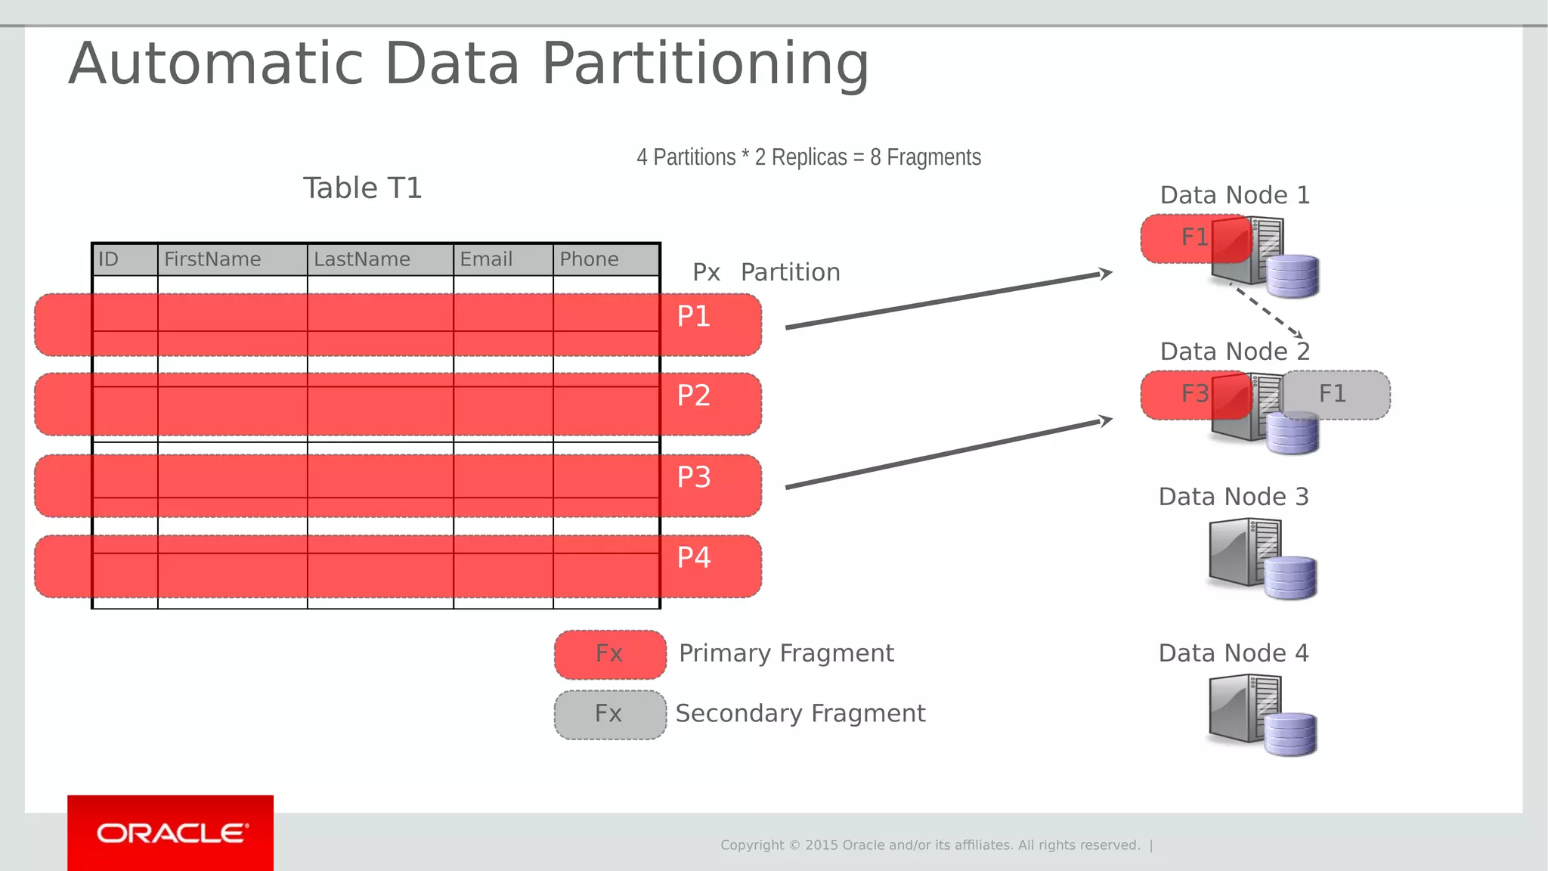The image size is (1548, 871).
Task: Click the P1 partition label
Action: point(693,316)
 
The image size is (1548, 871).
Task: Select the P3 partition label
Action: point(693,477)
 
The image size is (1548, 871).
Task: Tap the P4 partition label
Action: point(693,557)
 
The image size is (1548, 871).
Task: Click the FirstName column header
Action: point(212,259)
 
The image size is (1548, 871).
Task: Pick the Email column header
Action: point(486,259)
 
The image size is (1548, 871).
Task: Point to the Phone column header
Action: point(589,259)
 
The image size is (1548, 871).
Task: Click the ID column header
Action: point(109,259)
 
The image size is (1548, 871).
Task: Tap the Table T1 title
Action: point(362,188)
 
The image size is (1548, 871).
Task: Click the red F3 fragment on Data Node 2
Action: point(1194,394)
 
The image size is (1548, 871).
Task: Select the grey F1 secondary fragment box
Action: point(1335,394)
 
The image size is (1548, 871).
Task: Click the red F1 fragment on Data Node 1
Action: point(1194,237)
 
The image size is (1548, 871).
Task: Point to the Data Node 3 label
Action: point(1233,497)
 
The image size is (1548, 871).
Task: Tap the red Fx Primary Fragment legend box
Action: point(610,654)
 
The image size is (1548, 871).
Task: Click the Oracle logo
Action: point(171,833)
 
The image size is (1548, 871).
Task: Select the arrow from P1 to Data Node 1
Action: point(945,301)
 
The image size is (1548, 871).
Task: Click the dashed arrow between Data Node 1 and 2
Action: point(1267,311)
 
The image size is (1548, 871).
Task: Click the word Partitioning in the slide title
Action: point(705,64)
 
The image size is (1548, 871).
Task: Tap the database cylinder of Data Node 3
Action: point(1290,578)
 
